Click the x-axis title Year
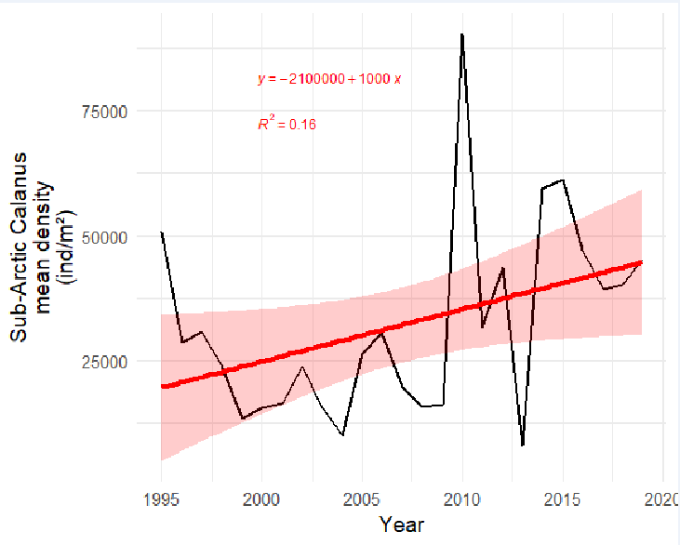pyautogui.click(x=402, y=525)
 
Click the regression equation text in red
pyautogui.click(x=329, y=79)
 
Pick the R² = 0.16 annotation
pyautogui.click(x=287, y=124)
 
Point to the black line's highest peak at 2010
pyautogui.click(x=462, y=34)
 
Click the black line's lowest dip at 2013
pyautogui.click(x=523, y=445)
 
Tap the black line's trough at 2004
pyautogui.click(x=342, y=434)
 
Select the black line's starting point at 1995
pyautogui.click(x=162, y=233)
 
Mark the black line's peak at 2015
pyautogui.click(x=563, y=180)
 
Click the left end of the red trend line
pyautogui.click(x=163, y=386)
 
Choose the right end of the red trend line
pyautogui.click(x=641, y=262)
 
